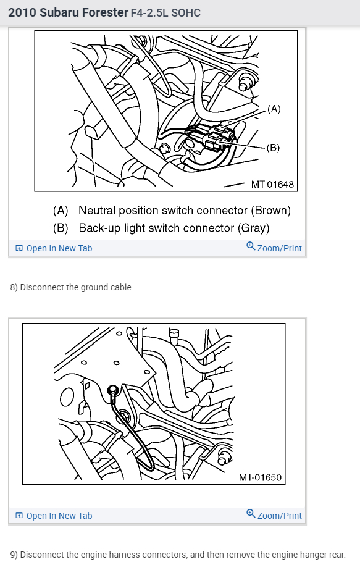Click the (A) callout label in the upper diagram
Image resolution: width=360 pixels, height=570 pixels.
click(274, 109)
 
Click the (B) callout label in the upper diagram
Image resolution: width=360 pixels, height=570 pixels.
click(273, 148)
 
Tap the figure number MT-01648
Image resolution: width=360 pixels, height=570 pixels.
click(272, 184)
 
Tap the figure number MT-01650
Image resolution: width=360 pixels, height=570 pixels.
click(260, 477)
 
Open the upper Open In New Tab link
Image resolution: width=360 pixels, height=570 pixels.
click(59, 248)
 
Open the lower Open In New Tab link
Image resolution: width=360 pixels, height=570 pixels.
click(59, 516)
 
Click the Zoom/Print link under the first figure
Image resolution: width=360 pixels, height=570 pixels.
click(279, 248)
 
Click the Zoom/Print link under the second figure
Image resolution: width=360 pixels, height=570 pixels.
click(279, 516)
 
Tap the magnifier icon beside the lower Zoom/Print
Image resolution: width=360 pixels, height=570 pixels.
click(251, 514)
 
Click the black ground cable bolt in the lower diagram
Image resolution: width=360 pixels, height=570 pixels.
click(113, 390)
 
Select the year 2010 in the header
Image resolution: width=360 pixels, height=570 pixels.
click(22, 13)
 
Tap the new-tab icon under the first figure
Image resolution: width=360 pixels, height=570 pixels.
click(19, 248)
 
